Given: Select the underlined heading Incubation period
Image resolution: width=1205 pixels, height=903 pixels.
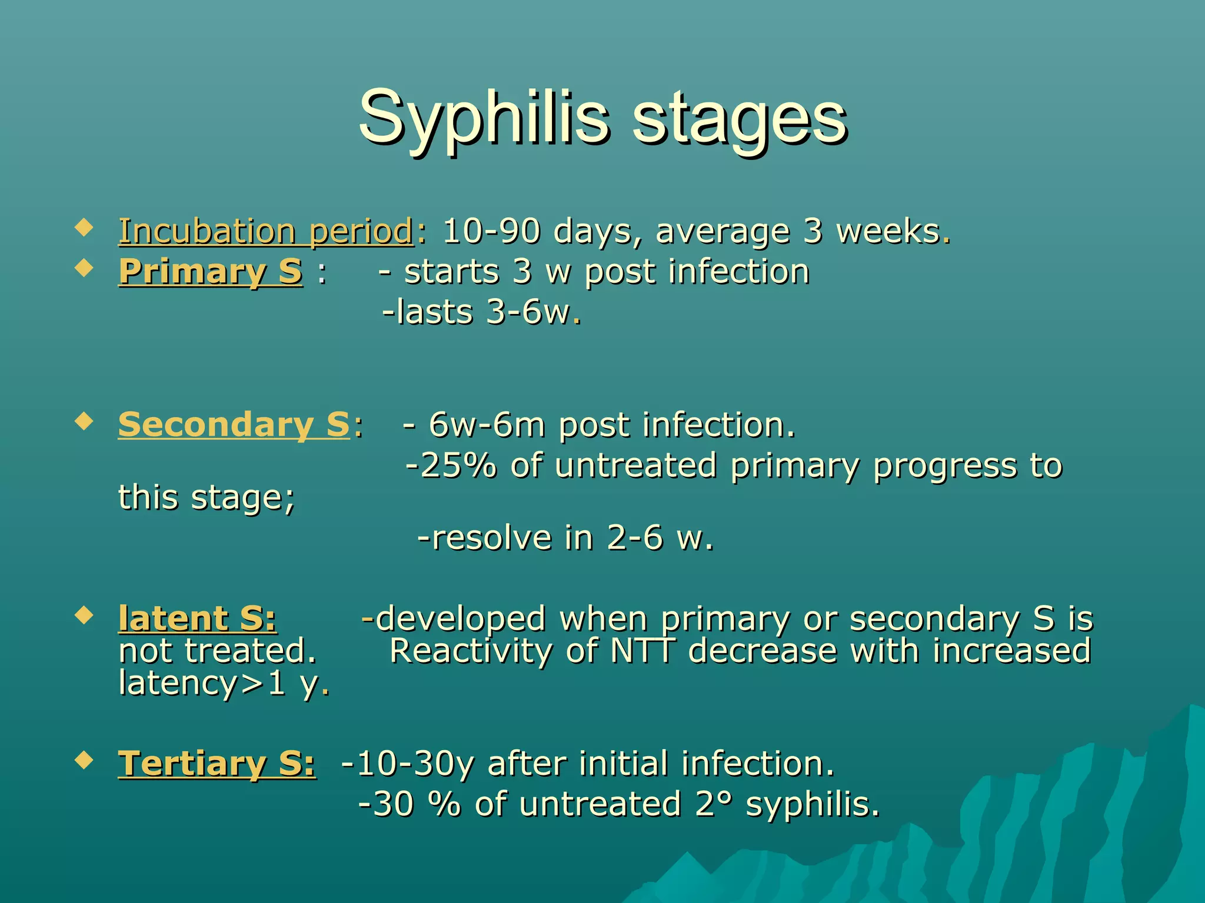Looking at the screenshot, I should [266, 231].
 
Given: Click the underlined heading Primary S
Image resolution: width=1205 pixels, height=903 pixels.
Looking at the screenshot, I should [211, 272].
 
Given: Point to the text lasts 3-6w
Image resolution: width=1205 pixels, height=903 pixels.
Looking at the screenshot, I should [481, 312].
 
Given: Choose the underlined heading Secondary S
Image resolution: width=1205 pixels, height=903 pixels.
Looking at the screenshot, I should [234, 424].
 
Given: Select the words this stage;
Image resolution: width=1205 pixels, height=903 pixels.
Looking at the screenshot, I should [206, 497].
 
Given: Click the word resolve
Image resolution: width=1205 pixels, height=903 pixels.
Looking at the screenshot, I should [492, 537].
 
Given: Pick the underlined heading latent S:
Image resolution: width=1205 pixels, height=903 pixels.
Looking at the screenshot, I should [197, 618].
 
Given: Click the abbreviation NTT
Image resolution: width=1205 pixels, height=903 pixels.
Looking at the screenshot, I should [642, 651].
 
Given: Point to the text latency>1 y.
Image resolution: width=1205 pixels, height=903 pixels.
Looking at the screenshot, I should [224, 683].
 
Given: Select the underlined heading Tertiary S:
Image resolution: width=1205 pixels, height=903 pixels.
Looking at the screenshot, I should [217, 764].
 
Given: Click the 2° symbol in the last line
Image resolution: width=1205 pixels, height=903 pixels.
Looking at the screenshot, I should [713, 804].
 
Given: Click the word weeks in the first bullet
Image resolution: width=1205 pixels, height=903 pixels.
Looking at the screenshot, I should [888, 231].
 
